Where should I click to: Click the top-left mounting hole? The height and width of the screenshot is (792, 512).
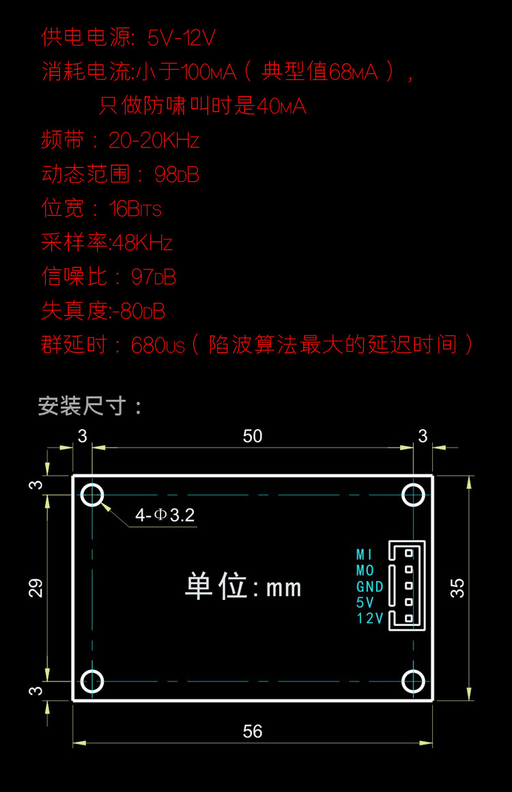coord(92,494)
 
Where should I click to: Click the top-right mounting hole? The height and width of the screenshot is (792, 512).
coord(413,494)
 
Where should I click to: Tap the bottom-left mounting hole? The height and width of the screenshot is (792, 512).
coord(92,681)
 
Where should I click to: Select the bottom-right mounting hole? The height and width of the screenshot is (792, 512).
coord(413,681)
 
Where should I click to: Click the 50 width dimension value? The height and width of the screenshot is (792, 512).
coord(253,437)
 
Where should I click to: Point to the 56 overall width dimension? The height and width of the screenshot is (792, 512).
coord(253,732)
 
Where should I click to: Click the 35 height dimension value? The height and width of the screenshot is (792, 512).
coord(458,588)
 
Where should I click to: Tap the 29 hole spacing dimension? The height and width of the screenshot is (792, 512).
coord(36,588)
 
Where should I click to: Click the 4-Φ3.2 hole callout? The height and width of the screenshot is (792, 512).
coord(165,515)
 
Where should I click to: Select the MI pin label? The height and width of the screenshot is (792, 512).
coord(365,554)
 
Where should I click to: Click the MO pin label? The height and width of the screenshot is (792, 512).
coord(365,570)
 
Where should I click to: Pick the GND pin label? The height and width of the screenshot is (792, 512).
coord(370,586)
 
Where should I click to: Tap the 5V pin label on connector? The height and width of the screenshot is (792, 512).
coord(365,603)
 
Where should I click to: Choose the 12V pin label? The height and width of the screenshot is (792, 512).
coord(370,619)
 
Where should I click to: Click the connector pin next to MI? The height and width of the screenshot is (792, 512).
coord(408,553)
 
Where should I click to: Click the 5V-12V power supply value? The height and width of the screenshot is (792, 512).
coord(181,38)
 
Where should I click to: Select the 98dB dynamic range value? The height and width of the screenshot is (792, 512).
coord(177,174)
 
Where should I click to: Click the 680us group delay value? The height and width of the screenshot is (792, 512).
coord(158,345)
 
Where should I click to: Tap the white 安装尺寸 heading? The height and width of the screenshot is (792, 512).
coord(90,407)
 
